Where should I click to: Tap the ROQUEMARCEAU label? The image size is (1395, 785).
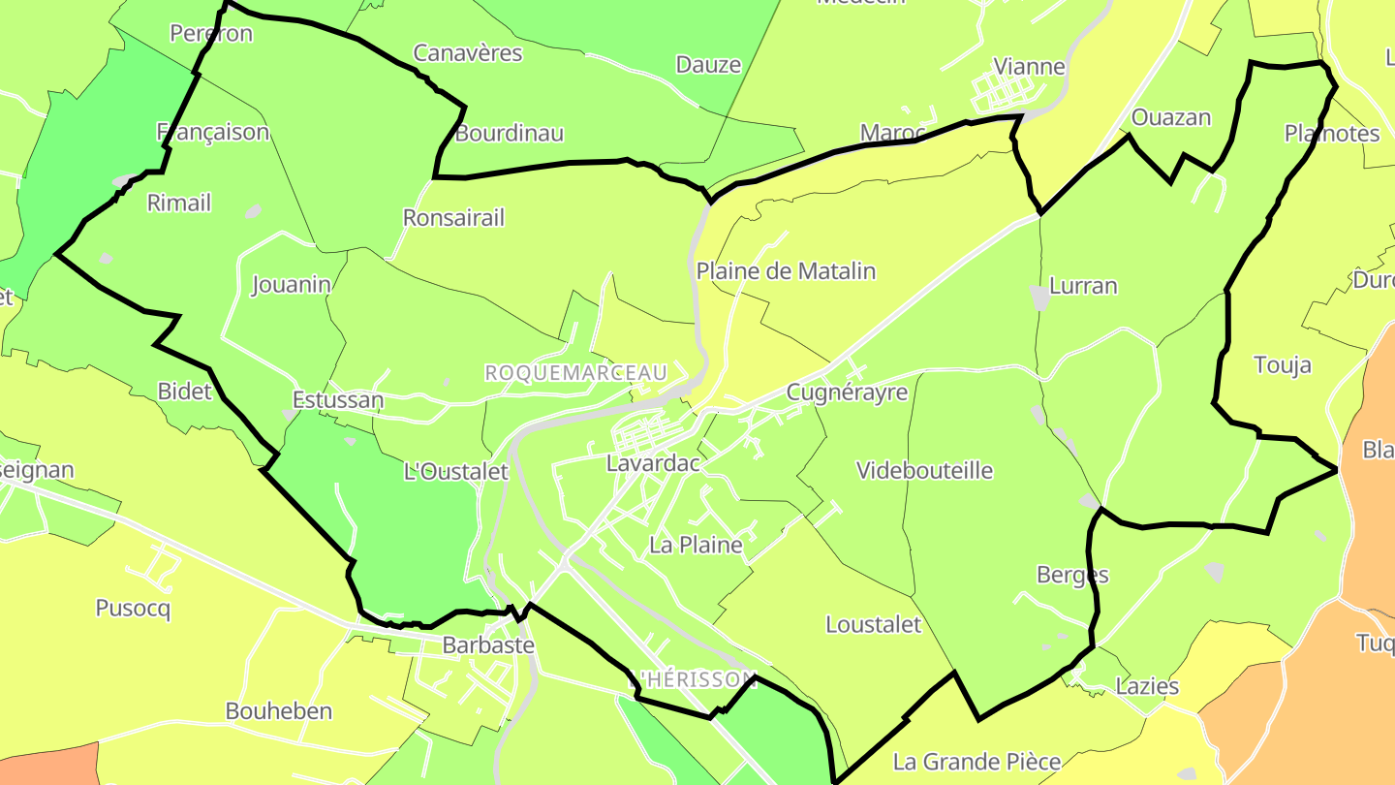[x=575, y=373]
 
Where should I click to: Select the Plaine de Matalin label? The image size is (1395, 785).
[x=786, y=271]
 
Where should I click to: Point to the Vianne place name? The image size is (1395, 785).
[x=1030, y=67]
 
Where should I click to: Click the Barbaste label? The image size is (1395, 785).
[x=488, y=644]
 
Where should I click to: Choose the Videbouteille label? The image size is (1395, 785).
[x=924, y=471]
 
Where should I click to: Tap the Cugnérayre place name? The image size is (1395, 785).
[x=847, y=392]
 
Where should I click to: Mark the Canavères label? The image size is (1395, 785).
[x=468, y=53]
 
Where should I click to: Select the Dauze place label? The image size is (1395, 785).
[x=708, y=65]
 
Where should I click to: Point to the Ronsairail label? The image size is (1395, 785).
[x=453, y=218]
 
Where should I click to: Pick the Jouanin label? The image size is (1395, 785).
[x=292, y=285]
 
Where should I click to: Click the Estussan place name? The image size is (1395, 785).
[x=338, y=399]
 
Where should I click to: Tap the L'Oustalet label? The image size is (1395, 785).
[x=455, y=472]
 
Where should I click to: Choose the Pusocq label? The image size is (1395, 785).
[x=133, y=609]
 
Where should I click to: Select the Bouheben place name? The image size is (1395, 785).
[x=279, y=711]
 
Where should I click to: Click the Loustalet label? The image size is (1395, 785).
[x=873, y=625]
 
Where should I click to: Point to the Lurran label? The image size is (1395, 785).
[x=1083, y=286]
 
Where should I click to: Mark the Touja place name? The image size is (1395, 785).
[x=1282, y=365]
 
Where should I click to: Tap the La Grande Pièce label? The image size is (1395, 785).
[x=976, y=762]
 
